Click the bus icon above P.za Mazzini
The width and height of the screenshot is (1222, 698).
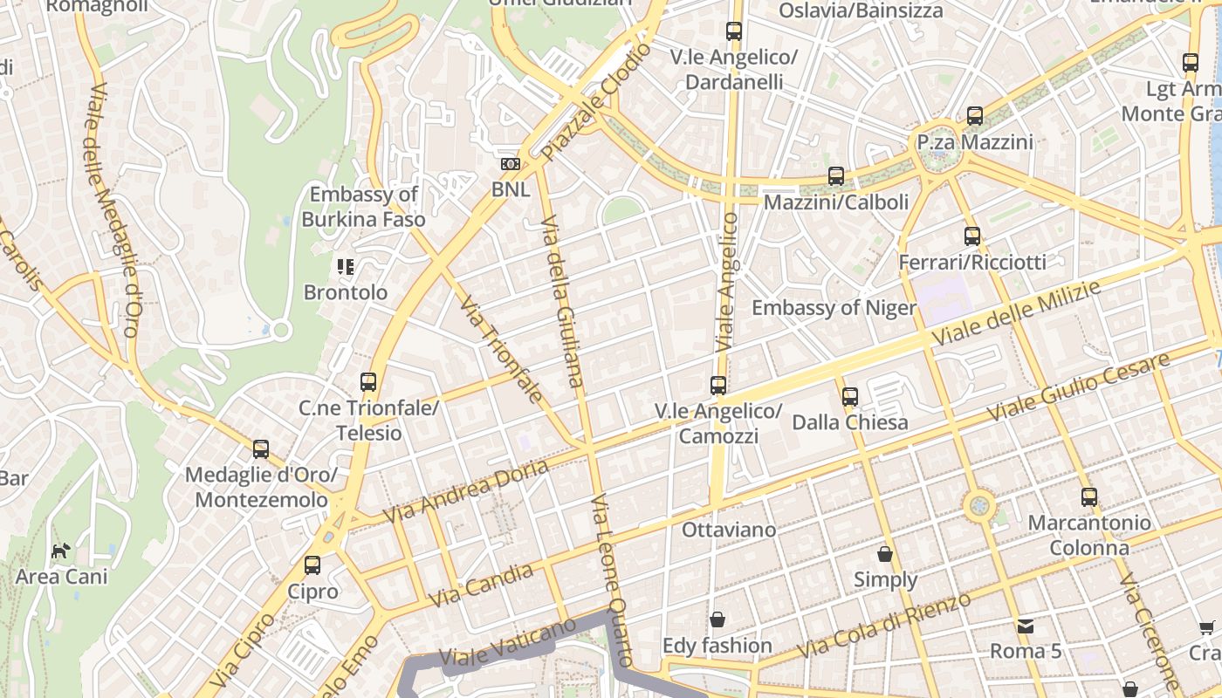click(x=975, y=115)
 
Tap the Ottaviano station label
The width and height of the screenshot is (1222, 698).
click(x=728, y=530)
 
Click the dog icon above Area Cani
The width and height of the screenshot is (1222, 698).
click(x=60, y=551)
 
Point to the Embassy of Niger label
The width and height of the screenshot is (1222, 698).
click(x=834, y=308)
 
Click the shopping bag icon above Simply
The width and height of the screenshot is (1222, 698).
click(x=885, y=554)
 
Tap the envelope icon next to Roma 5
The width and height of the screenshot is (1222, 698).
click(x=1025, y=626)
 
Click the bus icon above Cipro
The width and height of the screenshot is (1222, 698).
click(x=312, y=565)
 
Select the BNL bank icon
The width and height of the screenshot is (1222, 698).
click(x=510, y=164)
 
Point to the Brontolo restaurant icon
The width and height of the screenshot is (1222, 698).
click(x=346, y=267)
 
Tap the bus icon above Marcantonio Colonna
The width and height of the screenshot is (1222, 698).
click(x=1089, y=497)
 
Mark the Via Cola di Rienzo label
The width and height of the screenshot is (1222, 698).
click(x=883, y=626)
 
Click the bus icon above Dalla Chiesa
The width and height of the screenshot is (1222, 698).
click(x=850, y=397)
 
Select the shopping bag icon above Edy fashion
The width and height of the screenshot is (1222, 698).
click(x=717, y=619)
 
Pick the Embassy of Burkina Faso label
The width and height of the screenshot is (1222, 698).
click(x=363, y=207)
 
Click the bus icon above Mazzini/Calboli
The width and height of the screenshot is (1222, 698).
click(x=836, y=176)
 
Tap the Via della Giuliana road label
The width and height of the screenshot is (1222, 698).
click(x=561, y=301)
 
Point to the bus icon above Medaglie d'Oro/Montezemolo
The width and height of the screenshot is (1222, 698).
click(x=261, y=449)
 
